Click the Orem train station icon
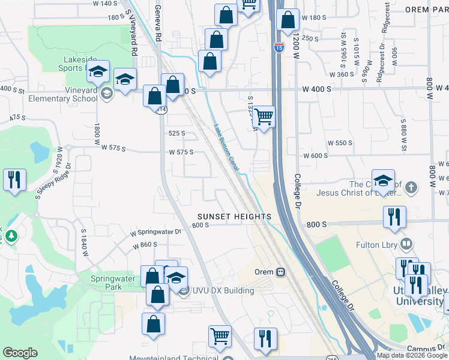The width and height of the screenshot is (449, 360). coord(280,271)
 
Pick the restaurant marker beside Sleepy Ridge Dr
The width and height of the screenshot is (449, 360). coord(14,179)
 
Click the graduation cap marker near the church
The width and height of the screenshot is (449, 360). coord(382,179)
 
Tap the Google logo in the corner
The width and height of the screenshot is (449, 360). coord(20,353)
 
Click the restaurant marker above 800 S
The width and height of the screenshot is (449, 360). coord(394,217)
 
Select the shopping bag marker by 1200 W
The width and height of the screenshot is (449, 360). coord(288,20)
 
